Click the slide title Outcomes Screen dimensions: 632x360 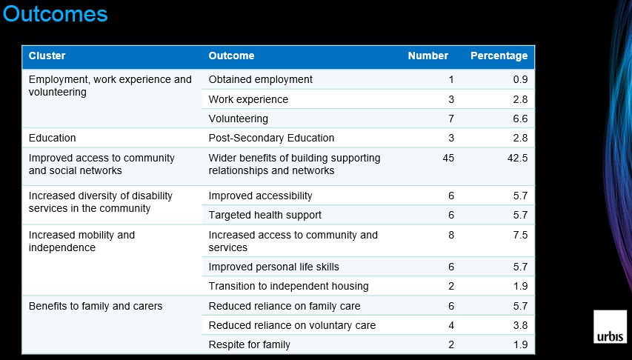pyautogui.click(x=56, y=13)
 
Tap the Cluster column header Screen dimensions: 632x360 pyautogui.click(x=47, y=56)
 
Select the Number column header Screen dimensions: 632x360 pyautogui.click(x=428, y=56)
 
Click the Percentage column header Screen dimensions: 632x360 pyautogui.click(x=499, y=56)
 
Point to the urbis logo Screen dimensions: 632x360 pyautogui.click(x=610, y=327)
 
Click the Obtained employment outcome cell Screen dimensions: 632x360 pyautogui.click(x=260, y=79)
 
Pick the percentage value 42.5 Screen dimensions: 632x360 pyautogui.click(x=518, y=158)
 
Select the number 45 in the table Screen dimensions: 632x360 pyautogui.click(x=448, y=158)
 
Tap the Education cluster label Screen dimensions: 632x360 pyautogui.click(x=52, y=138)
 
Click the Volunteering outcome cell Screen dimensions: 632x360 pyautogui.click(x=239, y=119)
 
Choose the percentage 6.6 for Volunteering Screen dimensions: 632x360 pyautogui.click(x=520, y=119)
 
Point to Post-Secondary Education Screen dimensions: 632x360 pyautogui.click(x=271, y=138)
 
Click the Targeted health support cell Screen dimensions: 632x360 pyautogui.click(x=265, y=215)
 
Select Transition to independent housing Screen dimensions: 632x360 pyautogui.click(x=289, y=286)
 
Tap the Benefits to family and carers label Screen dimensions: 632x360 pyautogui.click(x=96, y=306)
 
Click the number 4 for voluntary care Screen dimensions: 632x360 pyautogui.click(x=451, y=325)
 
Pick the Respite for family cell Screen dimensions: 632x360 pyautogui.click(x=249, y=344)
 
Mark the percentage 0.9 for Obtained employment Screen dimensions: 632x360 pyautogui.click(x=520, y=79)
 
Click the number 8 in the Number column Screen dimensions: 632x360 pyautogui.click(x=451, y=235)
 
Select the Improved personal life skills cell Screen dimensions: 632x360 pyautogui.click(x=273, y=267)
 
